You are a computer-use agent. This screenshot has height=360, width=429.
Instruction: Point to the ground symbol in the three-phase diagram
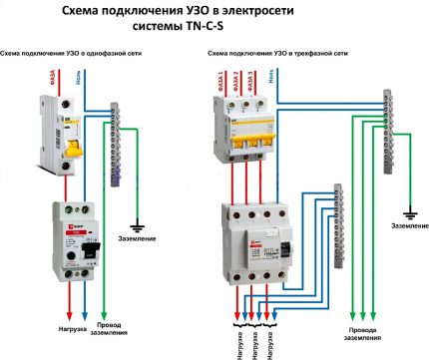point(409,210)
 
